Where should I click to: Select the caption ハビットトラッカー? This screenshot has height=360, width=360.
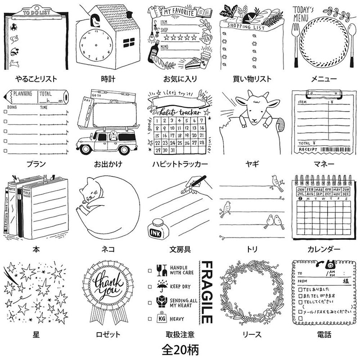pos(180,164)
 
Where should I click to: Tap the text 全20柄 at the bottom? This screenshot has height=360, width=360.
pos(180,348)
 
